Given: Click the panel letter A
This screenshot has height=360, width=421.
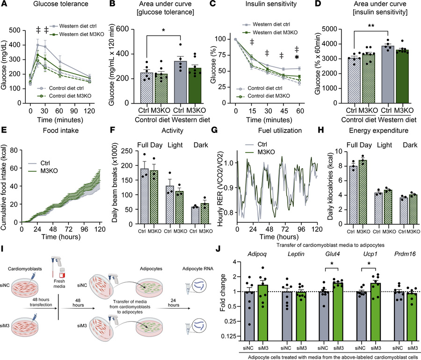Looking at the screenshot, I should click(4, 4).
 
